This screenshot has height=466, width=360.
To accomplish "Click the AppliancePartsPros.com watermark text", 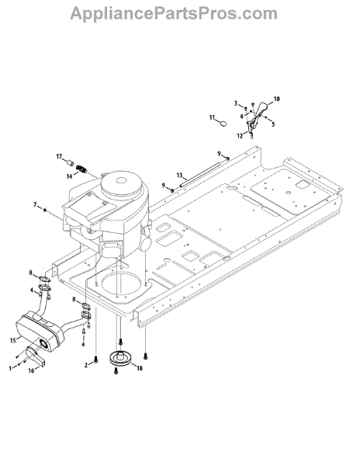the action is [x=174, y=14].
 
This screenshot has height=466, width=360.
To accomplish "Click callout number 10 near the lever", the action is [x=276, y=99].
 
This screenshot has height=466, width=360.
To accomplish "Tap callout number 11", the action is [x=212, y=118].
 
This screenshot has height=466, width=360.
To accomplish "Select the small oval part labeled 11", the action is [x=223, y=123].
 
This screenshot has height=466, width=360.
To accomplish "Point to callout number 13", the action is [x=179, y=175].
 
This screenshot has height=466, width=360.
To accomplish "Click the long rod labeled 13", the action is [x=200, y=174].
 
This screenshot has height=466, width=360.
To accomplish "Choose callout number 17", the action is [x=60, y=156].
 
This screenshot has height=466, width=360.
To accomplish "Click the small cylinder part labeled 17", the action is [x=70, y=163].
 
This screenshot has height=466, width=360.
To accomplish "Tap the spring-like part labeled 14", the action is [x=81, y=169].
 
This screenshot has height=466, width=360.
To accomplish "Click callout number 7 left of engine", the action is [x=36, y=205].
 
